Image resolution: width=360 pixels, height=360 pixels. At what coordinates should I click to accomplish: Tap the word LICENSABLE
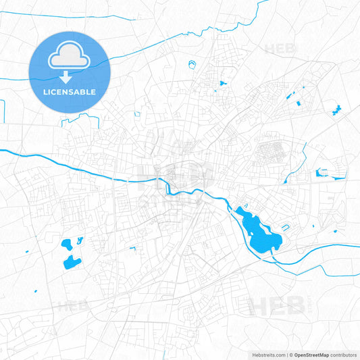[x=69, y=91]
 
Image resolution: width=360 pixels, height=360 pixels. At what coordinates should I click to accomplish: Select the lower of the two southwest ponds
[x=70, y=262]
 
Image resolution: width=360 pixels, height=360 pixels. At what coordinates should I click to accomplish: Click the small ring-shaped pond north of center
[x=192, y=66]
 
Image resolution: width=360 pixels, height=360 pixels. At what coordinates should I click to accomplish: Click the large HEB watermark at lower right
[x=277, y=307]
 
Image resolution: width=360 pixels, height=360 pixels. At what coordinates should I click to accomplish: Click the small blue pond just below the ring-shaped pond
[x=221, y=83]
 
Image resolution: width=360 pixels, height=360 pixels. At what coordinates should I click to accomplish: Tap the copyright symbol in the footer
[x=290, y=354]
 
